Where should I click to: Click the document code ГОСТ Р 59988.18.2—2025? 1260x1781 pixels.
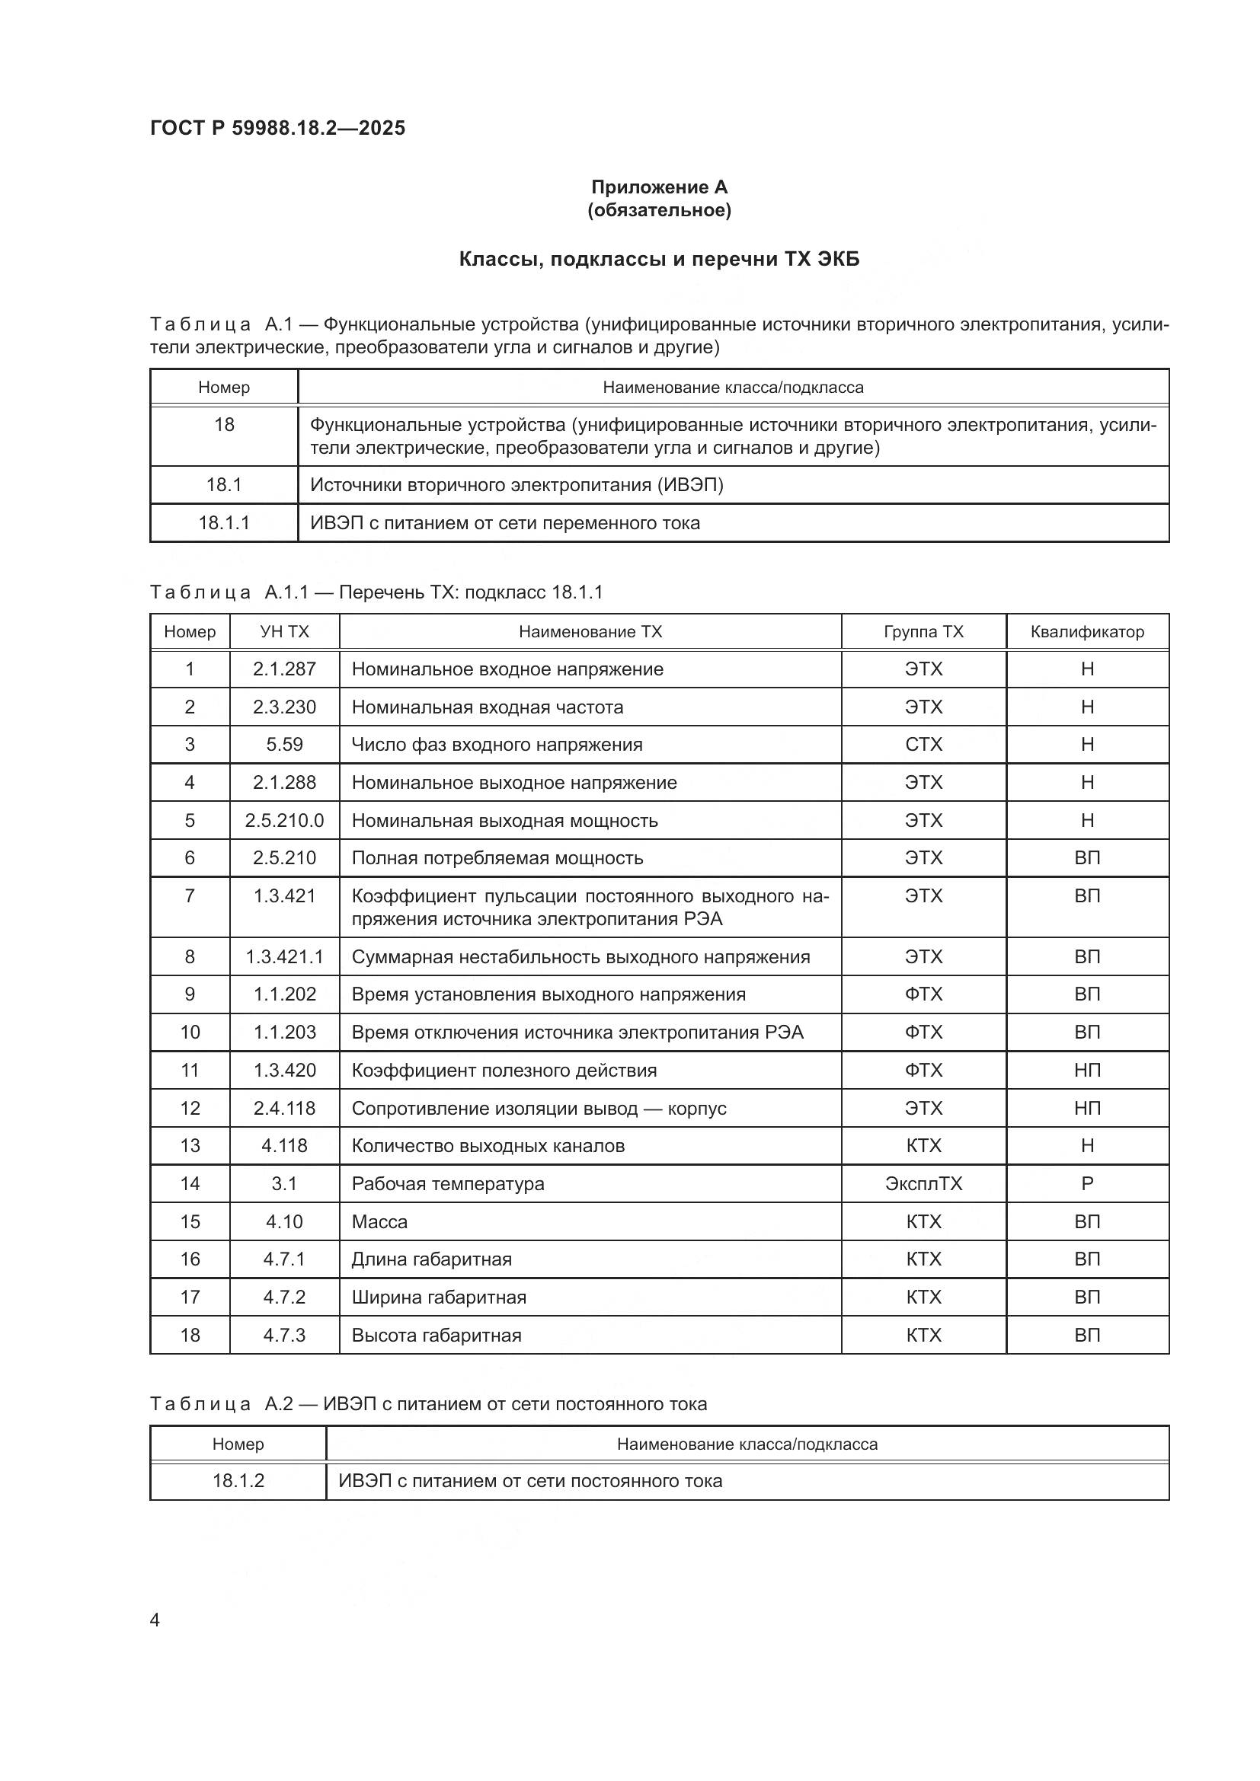click(x=277, y=128)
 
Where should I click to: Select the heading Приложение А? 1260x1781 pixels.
click(x=659, y=187)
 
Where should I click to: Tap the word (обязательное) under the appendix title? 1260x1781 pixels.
click(x=659, y=210)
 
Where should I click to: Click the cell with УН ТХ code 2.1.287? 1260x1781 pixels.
click(x=284, y=669)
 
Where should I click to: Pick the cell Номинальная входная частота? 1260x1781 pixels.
click(x=488, y=707)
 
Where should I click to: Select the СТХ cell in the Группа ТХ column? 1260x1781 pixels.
click(x=923, y=745)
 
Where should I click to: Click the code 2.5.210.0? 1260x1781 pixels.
click(x=284, y=821)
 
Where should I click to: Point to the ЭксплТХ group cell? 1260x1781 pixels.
click(x=923, y=1184)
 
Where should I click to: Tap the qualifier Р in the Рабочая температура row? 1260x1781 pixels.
click(x=1087, y=1184)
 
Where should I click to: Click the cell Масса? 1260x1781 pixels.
click(x=379, y=1221)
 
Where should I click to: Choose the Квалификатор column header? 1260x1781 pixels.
click(x=1087, y=631)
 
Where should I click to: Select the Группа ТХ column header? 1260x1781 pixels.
click(x=923, y=631)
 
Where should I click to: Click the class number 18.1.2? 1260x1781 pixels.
click(x=238, y=1481)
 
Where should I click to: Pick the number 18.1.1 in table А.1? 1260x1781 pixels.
click(x=223, y=523)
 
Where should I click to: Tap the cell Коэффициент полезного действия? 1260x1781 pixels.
click(x=504, y=1071)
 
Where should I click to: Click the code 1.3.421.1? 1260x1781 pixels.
click(x=284, y=957)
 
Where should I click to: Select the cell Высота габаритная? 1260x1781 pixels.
click(x=436, y=1335)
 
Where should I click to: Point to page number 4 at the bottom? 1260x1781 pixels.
click(x=155, y=1620)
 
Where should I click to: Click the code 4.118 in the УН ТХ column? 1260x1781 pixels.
click(x=284, y=1146)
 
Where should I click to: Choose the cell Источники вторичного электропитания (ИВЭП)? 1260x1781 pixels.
click(x=516, y=486)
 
